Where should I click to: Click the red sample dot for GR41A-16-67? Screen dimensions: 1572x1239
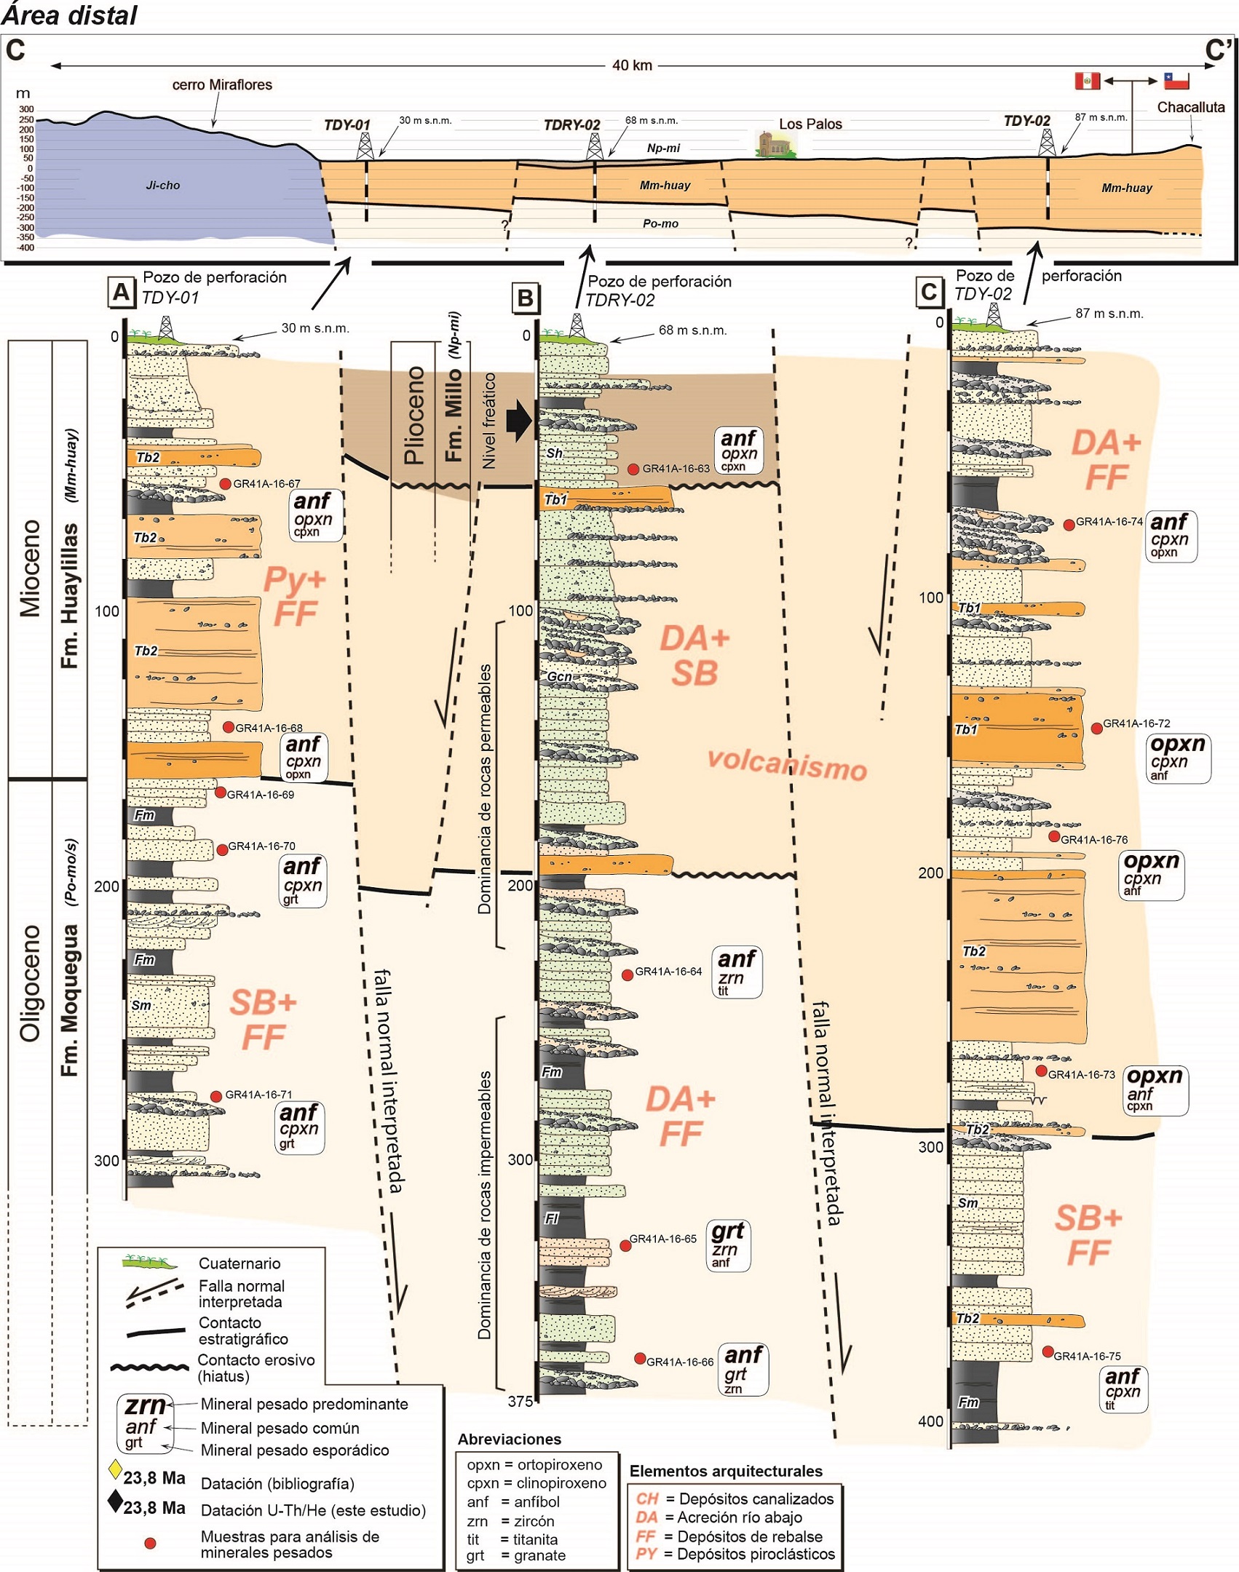225,483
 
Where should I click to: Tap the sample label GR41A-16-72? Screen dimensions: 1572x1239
1136,723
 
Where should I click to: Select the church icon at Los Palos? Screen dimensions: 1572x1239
774,144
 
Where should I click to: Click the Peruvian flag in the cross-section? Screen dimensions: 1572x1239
1087,80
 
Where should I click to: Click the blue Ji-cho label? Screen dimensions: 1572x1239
163,186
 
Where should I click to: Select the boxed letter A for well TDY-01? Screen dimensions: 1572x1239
120,293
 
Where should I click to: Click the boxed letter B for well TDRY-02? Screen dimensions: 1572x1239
524,298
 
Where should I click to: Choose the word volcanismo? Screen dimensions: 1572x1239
787,764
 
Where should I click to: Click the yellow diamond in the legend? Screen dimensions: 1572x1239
115,1469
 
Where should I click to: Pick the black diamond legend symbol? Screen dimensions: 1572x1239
115,1501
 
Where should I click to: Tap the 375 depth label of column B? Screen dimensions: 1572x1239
520,1401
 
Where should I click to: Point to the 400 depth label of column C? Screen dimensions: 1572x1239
930,1421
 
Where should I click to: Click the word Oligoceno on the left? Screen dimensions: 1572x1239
31,982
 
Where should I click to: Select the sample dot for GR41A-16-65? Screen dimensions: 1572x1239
625,1245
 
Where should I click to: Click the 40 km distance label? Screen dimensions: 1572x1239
632,65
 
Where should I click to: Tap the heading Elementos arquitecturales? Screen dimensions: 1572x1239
725,1471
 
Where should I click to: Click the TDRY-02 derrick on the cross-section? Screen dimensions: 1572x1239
594,146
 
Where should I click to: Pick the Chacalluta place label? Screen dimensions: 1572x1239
1191,108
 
